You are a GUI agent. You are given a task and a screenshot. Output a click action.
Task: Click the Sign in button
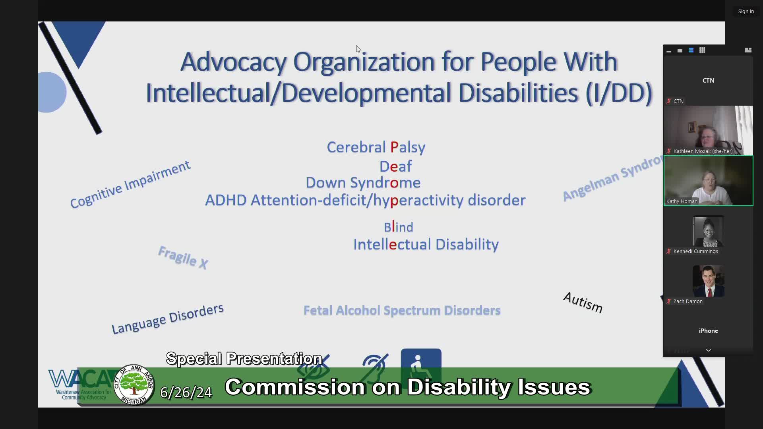[746, 12]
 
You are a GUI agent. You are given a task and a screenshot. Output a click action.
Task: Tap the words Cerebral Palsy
[376, 147]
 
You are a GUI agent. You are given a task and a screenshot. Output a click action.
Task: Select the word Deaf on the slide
[395, 166]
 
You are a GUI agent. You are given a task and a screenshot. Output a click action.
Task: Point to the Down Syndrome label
[363, 183]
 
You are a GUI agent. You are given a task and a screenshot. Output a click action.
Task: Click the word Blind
[398, 227]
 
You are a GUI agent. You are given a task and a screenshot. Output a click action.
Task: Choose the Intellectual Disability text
[426, 245]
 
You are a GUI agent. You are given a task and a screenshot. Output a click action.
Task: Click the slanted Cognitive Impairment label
[130, 185]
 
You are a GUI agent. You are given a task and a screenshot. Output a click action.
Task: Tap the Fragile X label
[183, 257]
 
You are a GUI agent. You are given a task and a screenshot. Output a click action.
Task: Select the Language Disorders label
[167, 319]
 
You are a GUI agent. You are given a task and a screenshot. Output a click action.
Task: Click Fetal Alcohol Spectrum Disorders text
[402, 311]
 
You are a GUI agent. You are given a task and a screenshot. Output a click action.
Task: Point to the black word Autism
[583, 303]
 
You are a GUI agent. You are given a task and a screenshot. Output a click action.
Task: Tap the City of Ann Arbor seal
[134, 385]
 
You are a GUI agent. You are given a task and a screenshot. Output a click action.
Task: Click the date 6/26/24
[186, 392]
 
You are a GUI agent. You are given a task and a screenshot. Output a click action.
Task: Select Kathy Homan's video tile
[708, 181]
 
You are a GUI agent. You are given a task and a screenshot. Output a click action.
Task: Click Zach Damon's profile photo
[708, 281]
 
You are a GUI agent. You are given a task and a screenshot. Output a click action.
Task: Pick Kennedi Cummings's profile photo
[708, 232]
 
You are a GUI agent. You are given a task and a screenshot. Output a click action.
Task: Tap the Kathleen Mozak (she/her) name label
[703, 151]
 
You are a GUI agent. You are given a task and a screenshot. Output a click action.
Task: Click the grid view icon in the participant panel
[702, 50]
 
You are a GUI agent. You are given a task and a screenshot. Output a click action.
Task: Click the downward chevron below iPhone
[708, 350]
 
